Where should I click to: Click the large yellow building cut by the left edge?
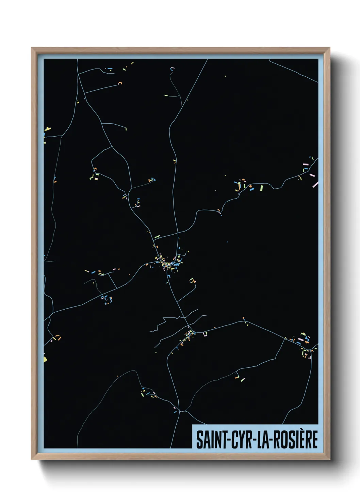pyautogui.click(x=45, y=359)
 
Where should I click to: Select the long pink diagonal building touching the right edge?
pyautogui.click(x=315, y=184)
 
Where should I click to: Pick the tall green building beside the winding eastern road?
pyautogui.click(x=261, y=188)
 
